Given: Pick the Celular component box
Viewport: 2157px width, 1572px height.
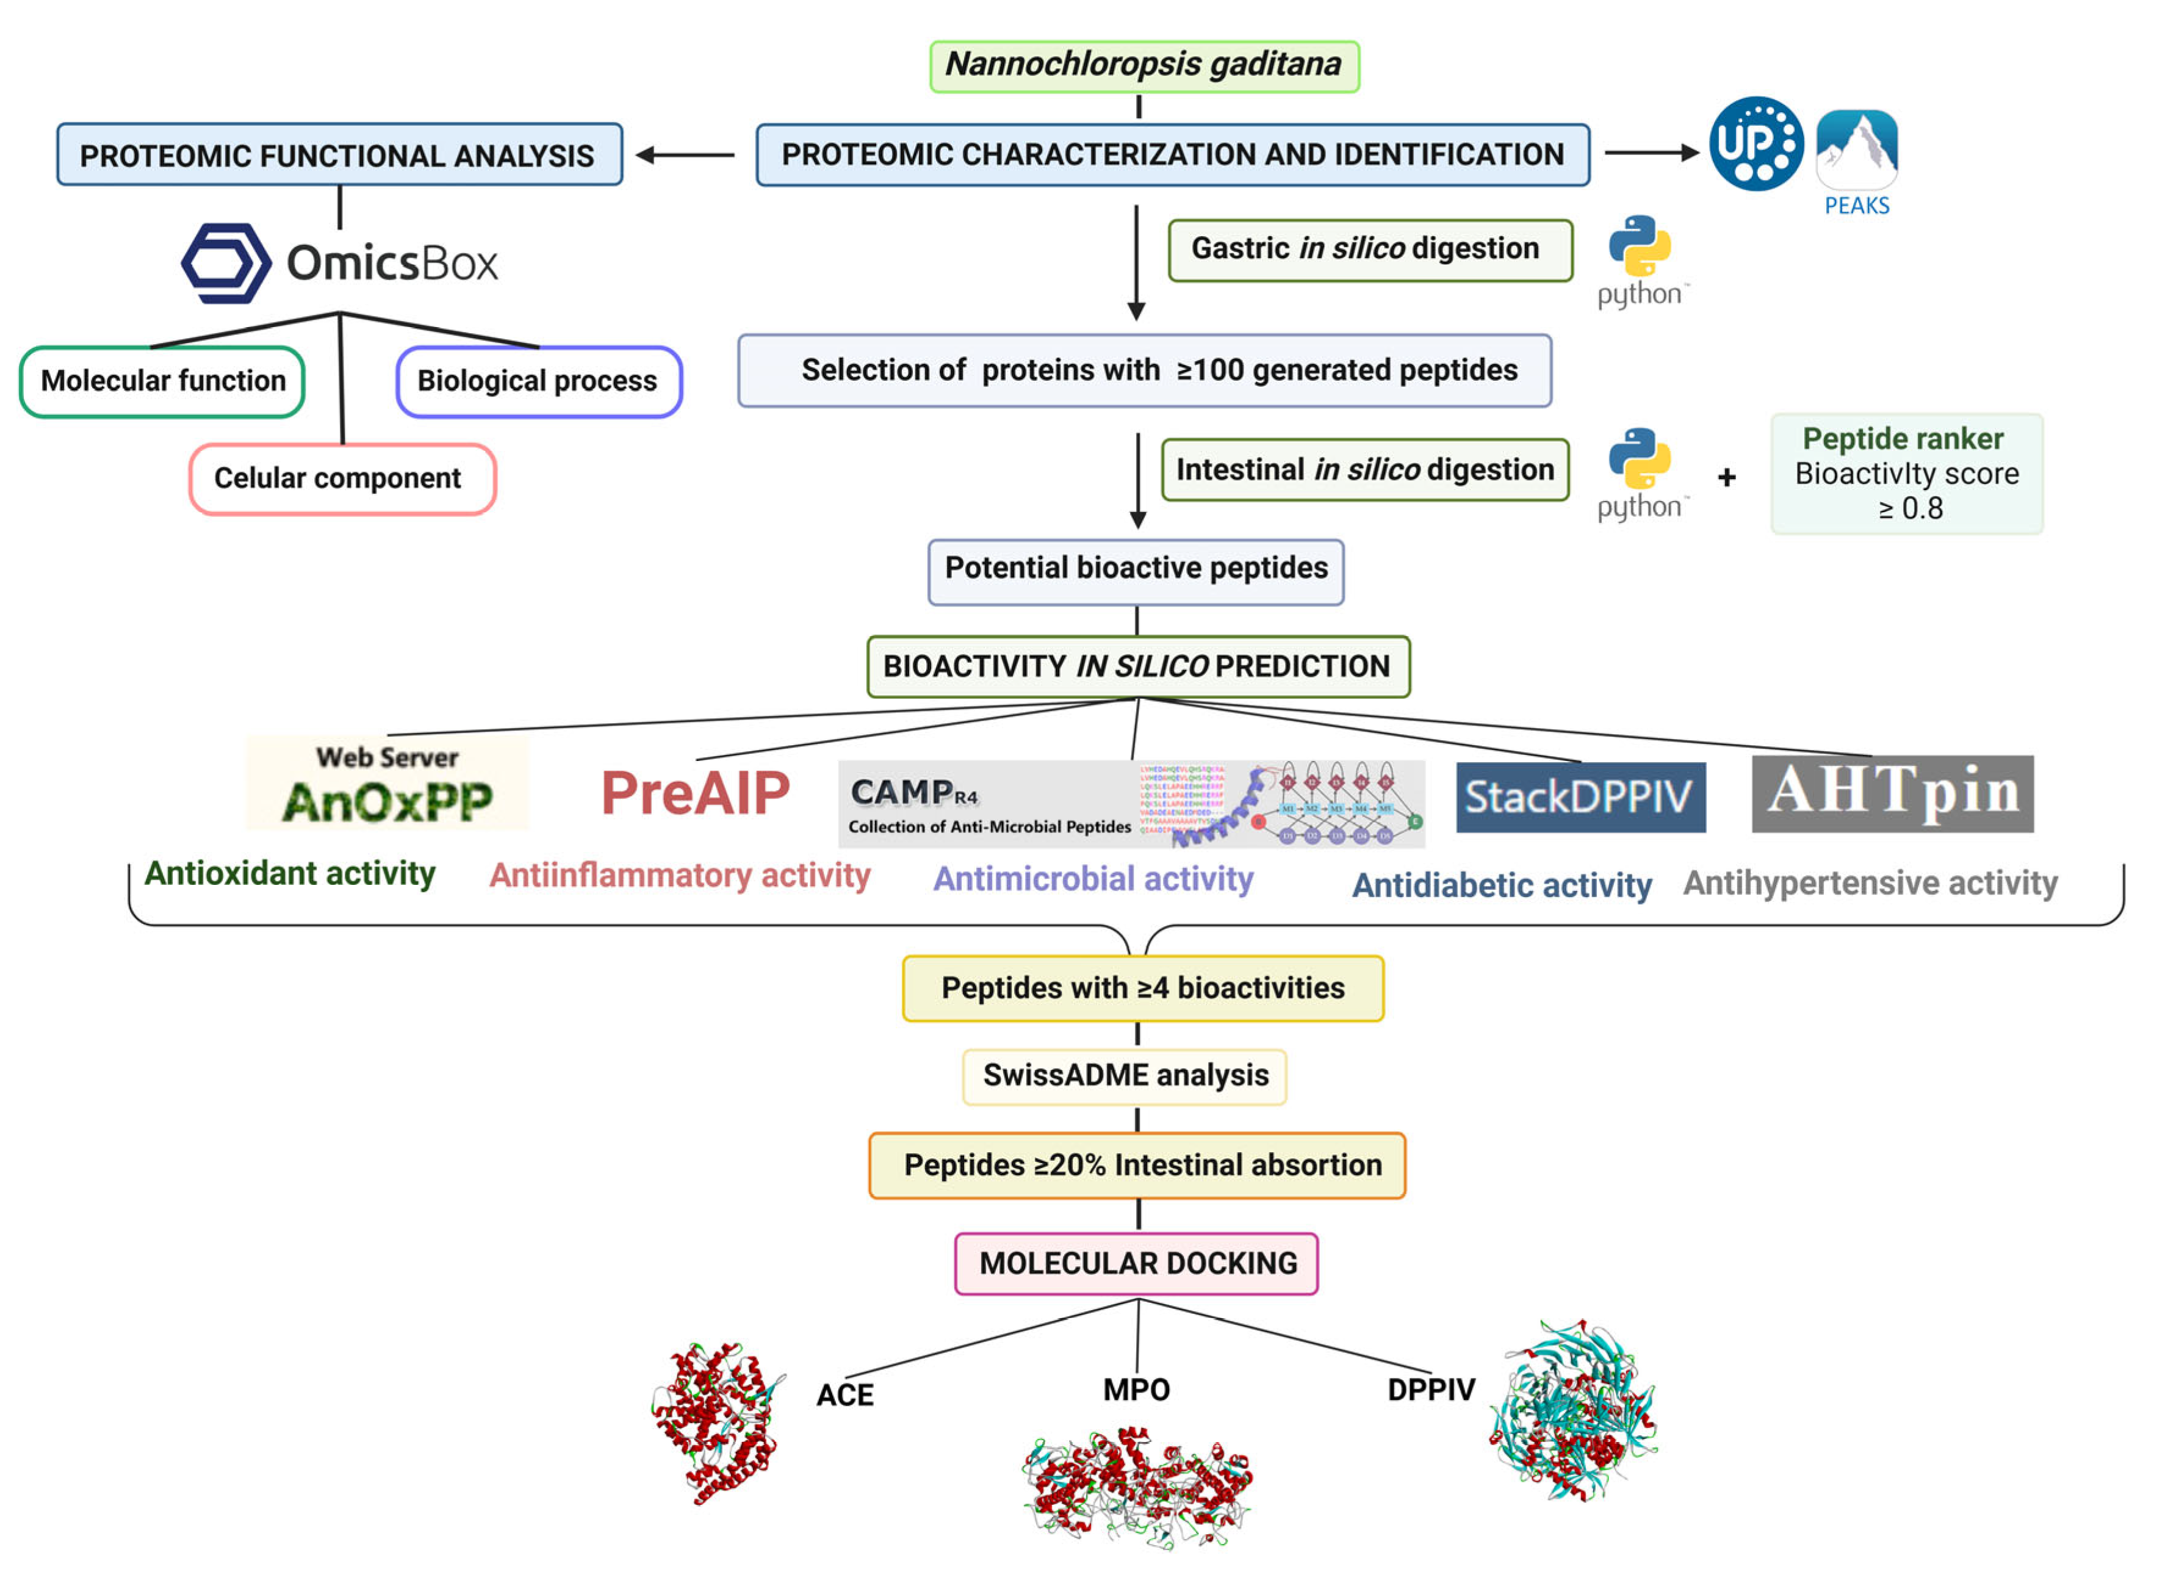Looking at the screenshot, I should pyautogui.click(x=342, y=478).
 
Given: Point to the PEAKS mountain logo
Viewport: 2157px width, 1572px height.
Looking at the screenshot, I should pyautogui.click(x=1856, y=150).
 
